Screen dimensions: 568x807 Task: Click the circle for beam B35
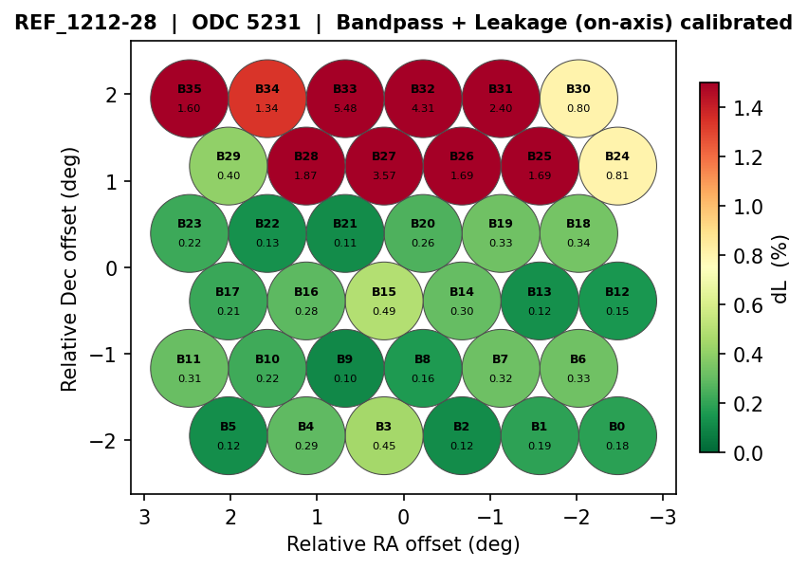(190, 98)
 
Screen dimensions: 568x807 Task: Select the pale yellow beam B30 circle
(578, 98)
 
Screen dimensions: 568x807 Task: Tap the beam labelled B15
(384, 301)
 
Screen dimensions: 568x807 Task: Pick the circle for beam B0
(617, 435)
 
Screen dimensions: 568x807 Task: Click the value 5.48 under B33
(345, 108)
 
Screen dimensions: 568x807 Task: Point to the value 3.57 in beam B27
(384, 175)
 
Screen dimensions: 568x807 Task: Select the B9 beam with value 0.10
(345, 368)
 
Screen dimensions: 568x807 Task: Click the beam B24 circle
(617, 166)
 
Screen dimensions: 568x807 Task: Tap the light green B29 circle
(229, 166)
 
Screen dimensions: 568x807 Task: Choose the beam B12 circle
(617, 301)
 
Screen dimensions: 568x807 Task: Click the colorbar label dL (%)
(780, 268)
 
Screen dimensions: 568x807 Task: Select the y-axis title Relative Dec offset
(70, 268)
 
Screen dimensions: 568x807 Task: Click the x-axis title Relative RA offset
(403, 544)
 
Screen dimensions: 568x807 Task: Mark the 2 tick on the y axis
(111, 95)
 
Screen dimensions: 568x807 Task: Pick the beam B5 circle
(229, 435)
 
